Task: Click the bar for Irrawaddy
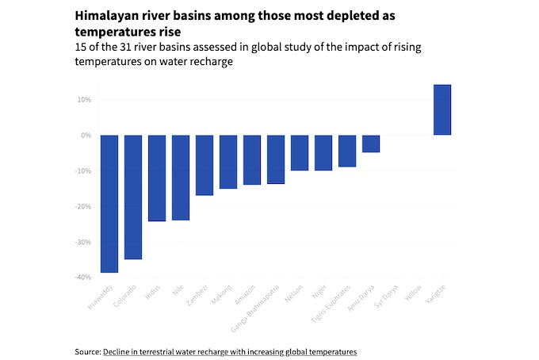click(109, 204)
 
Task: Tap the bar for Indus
click(157, 178)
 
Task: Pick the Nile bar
click(181, 178)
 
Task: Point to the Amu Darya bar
click(371, 144)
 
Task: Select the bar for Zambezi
click(205, 165)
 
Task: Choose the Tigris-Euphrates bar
click(347, 151)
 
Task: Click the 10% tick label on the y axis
click(84, 100)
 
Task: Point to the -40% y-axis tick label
click(82, 278)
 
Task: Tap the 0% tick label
click(86, 136)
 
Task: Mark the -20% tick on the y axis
click(82, 206)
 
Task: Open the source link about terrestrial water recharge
click(230, 350)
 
